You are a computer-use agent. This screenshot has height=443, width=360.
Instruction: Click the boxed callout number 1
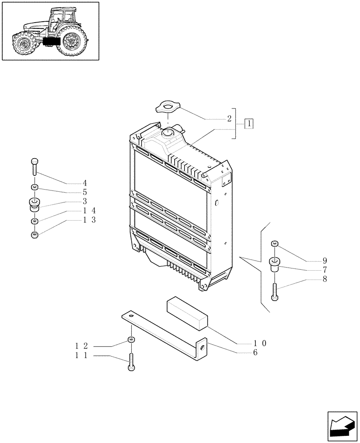pos(249,124)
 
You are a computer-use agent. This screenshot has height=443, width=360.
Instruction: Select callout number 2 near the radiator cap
pos(229,119)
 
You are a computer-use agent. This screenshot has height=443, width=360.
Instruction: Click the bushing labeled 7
pos(275,264)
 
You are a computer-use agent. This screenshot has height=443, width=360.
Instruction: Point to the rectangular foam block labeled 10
pos(186,313)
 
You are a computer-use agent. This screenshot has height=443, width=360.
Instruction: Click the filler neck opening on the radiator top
pos(168,132)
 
